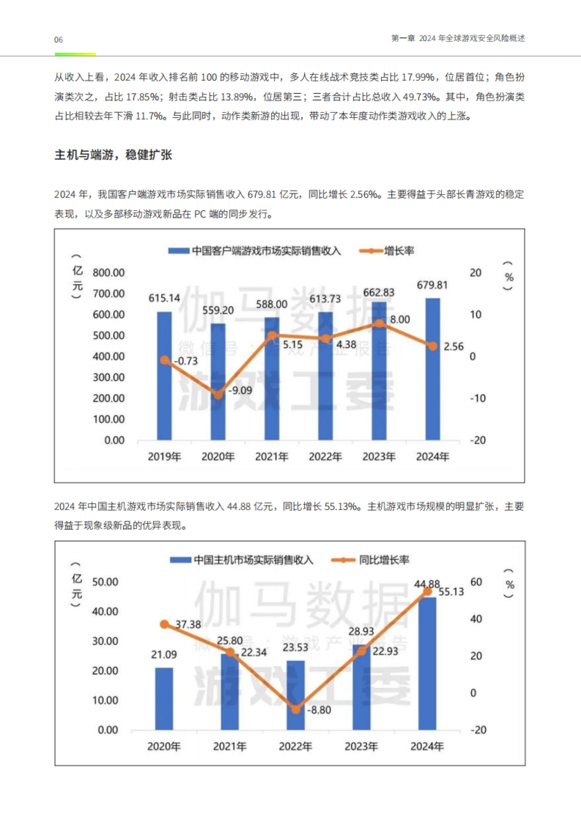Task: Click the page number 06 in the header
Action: click(x=58, y=40)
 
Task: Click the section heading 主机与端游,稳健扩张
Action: click(x=113, y=155)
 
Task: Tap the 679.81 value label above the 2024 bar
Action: click(x=432, y=285)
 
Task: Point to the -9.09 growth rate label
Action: click(x=241, y=390)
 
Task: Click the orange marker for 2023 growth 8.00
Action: click(x=380, y=323)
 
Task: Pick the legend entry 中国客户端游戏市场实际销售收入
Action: click(x=255, y=251)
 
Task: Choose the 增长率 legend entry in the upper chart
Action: click(x=387, y=251)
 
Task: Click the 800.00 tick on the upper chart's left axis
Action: click(x=108, y=273)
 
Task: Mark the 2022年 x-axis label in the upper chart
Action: click(x=325, y=457)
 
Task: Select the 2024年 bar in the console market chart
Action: click(x=427, y=663)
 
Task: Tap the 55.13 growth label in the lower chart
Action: click(x=451, y=592)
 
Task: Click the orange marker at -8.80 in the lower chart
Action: click(x=295, y=709)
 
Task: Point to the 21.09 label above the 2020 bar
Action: click(x=164, y=655)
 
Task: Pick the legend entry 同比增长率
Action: click(x=371, y=560)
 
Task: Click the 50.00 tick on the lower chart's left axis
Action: click(x=105, y=582)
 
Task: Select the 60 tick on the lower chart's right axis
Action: click(x=476, y=582)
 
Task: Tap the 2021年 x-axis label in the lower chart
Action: click(x=229, y=746)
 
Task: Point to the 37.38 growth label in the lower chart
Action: click(x=188, y=624)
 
